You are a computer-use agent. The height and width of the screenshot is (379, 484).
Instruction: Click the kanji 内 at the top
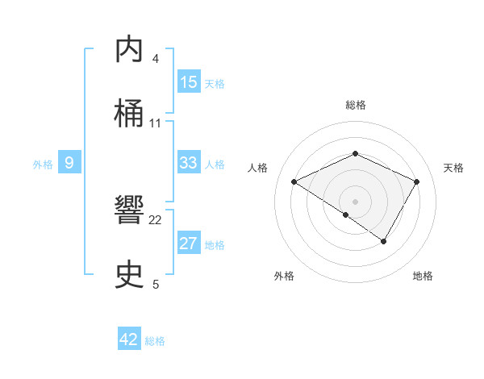point(129,50)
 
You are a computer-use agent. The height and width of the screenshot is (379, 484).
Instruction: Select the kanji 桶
point(129,114)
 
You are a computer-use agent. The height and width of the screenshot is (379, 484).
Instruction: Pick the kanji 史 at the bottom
point(129,275)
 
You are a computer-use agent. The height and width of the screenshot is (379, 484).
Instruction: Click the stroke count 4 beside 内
point(156,59)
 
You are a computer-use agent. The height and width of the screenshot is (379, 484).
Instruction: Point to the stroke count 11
point(156,123)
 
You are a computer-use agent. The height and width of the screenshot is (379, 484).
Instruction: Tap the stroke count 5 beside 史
point(156,284)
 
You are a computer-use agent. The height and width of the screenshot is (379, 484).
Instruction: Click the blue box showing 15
point(189,82)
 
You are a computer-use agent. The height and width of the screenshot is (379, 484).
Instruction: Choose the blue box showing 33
point(189,163)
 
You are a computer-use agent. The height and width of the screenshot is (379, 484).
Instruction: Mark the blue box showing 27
point(189,244)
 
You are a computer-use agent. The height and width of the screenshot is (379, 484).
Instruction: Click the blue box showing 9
point(69,164)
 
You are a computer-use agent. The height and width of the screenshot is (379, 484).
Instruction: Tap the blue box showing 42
point(129,339)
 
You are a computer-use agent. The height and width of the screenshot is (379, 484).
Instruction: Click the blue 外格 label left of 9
point(43,165)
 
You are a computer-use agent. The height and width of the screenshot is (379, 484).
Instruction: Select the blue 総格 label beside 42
point(155,341)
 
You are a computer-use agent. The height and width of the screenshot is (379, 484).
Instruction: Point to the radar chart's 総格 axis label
point(355,105)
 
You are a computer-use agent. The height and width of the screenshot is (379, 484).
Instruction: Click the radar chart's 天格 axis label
point(453,168)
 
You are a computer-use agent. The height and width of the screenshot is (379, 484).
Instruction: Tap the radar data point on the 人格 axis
point(294,182)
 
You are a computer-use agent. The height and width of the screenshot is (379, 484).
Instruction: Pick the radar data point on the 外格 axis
point(346,215)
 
